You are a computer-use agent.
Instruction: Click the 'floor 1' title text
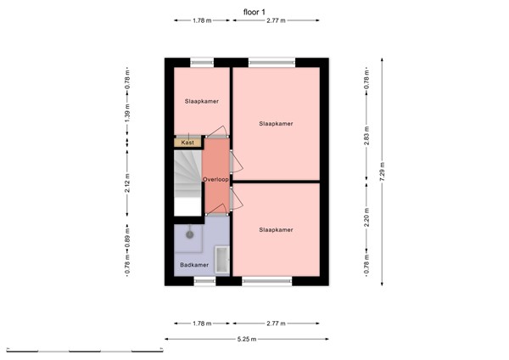(254, 11)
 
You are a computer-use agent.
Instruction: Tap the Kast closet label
(187, 143)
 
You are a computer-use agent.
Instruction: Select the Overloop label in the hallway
(216, 179)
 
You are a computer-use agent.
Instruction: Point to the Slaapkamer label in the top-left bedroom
(202, 101)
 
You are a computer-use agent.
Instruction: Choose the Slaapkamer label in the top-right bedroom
(277, 123)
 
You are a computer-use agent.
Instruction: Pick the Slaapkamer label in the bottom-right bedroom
(277, 229)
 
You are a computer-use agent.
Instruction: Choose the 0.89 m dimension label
(126, 235)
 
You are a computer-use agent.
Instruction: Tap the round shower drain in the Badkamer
(190, 233)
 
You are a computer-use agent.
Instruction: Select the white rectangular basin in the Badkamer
(222, 259)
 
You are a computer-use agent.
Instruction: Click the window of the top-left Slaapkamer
(202, 61)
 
